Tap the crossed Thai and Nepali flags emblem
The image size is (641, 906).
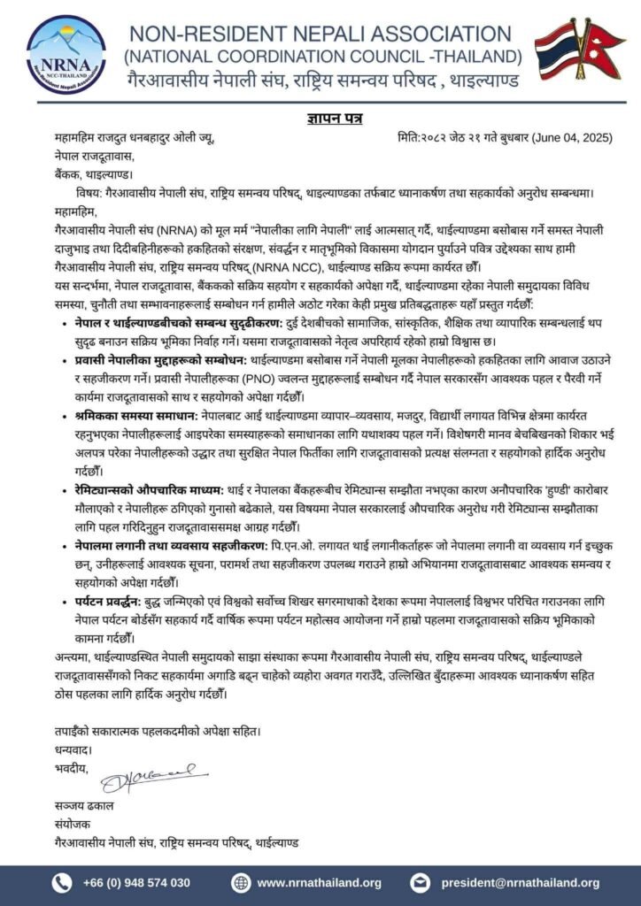pyautogui.click(x=580, y=49)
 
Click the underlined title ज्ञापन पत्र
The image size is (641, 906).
pyautogui.click(x=320, y=119)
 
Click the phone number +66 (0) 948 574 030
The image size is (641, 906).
pyautogui.click(x=136, y=882)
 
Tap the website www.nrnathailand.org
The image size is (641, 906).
pyautogui.click(x=319, y=882)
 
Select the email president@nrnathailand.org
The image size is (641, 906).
pyautogui.click(x=523, y=882)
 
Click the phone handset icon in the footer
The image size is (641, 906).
pyautogui.click(x=63, y=882)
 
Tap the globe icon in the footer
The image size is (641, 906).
pyautogui.click(x=241, y=882)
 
